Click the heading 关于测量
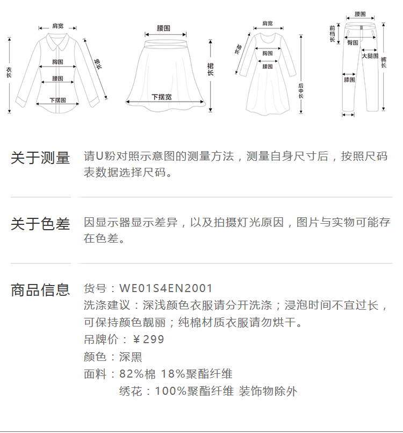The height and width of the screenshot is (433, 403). [x=40, y=158]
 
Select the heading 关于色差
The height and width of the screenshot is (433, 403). [x=40, y=224]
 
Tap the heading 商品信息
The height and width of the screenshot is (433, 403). [x=40, y=290]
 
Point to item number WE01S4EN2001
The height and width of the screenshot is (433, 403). [x=166, y=289]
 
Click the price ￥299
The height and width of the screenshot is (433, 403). [x=148, y=339]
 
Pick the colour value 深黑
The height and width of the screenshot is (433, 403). [x=131, y=357]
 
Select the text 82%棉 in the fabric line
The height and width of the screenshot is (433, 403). [x=135, y=374]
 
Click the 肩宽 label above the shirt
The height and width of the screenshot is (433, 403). [x=57, y=26]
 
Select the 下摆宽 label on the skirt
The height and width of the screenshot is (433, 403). [x=161, y=97]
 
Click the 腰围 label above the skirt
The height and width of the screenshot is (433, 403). [x=164, y=27]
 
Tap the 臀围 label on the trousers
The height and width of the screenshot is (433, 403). [x=352, y=42]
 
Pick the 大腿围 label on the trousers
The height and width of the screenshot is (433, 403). [x=370, y=56]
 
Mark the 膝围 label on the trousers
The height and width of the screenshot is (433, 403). [x=349, y=80]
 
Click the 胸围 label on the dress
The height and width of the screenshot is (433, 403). [x=267, y=53]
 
